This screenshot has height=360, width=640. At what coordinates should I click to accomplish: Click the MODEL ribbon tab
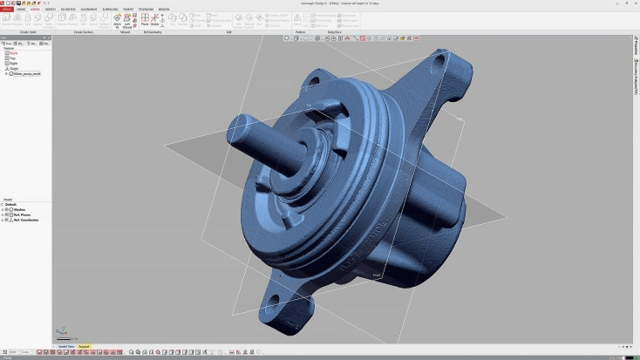coord(35,9)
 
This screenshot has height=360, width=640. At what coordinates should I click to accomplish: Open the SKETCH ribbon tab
coord(51,9)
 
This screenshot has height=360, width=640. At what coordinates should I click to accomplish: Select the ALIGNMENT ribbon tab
coord(89,9)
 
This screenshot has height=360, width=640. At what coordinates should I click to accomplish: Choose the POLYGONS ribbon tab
coord(146,9)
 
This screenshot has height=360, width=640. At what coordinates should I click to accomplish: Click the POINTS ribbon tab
coord(128,9)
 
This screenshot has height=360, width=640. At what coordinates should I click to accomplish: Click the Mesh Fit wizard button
coord(117,21)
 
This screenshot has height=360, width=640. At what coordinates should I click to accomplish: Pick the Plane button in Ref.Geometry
coord(145,21)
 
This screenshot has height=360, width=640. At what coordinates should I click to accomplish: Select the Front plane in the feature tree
coord(14,52)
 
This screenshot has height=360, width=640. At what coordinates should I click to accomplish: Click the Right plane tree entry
coord(14,63)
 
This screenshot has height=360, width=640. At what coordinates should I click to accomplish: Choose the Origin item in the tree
coord(15,68)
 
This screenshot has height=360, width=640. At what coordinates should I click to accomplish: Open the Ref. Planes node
coord(22,214)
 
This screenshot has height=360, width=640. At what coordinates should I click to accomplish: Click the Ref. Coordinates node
coord(25,220)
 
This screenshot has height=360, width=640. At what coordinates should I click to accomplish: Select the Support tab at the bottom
coord(85,346)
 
